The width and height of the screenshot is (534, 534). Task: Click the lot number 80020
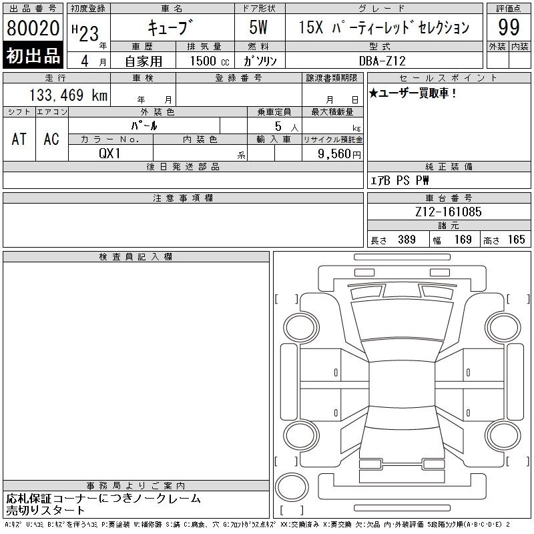(33, 27)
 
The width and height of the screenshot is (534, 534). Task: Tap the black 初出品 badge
(33, 55)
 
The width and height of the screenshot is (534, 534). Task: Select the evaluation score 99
(509, 27)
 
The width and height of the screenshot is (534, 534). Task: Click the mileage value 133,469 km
(68, 95)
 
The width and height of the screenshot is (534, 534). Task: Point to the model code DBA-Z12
(382, 61)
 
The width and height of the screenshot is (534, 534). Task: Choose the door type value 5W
(258, 27)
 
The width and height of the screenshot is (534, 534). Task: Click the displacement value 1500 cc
(210, 61)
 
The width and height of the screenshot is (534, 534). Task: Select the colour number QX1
(109, 154)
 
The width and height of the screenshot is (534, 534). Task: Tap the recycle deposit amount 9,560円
(339, 154)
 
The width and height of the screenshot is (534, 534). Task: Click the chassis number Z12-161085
(448, 212)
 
